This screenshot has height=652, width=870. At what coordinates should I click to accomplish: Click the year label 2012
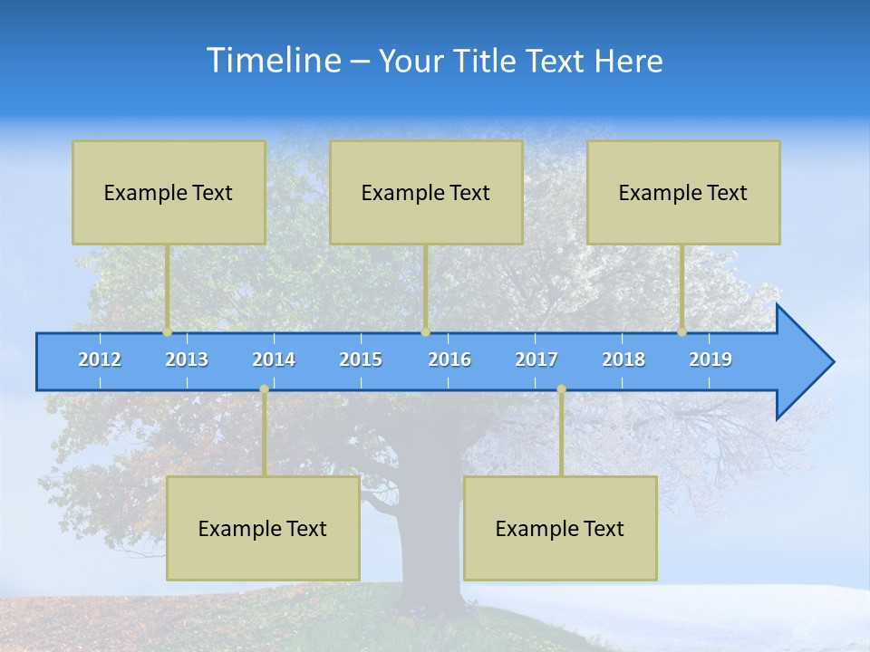click(100, 360)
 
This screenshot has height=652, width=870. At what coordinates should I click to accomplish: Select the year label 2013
click(187, 360)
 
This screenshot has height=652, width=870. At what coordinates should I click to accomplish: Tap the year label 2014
click(274, 360)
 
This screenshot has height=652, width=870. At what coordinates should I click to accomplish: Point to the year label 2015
click(361, 360)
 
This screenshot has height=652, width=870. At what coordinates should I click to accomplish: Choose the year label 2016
click(449, 360)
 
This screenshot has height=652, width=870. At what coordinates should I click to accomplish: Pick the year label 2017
click(536, 360)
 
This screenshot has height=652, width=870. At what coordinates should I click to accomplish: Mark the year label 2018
click(623, 360)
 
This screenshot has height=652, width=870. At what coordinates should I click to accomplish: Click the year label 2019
click(710, 360)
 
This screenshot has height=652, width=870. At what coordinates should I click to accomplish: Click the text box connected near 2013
click(169, 192)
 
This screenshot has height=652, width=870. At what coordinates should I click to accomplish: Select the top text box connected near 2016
click(426, 192)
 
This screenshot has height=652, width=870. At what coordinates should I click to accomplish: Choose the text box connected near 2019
click(683, 192)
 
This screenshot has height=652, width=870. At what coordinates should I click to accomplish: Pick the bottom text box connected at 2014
click(263, 528)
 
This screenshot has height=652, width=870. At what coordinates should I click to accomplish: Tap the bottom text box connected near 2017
click(560, 528)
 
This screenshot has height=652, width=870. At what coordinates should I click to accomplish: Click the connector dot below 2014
click(264, 389)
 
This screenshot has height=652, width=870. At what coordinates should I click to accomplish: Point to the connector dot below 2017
click(561, 389)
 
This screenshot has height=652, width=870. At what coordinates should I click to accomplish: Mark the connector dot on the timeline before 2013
click(167, 331)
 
